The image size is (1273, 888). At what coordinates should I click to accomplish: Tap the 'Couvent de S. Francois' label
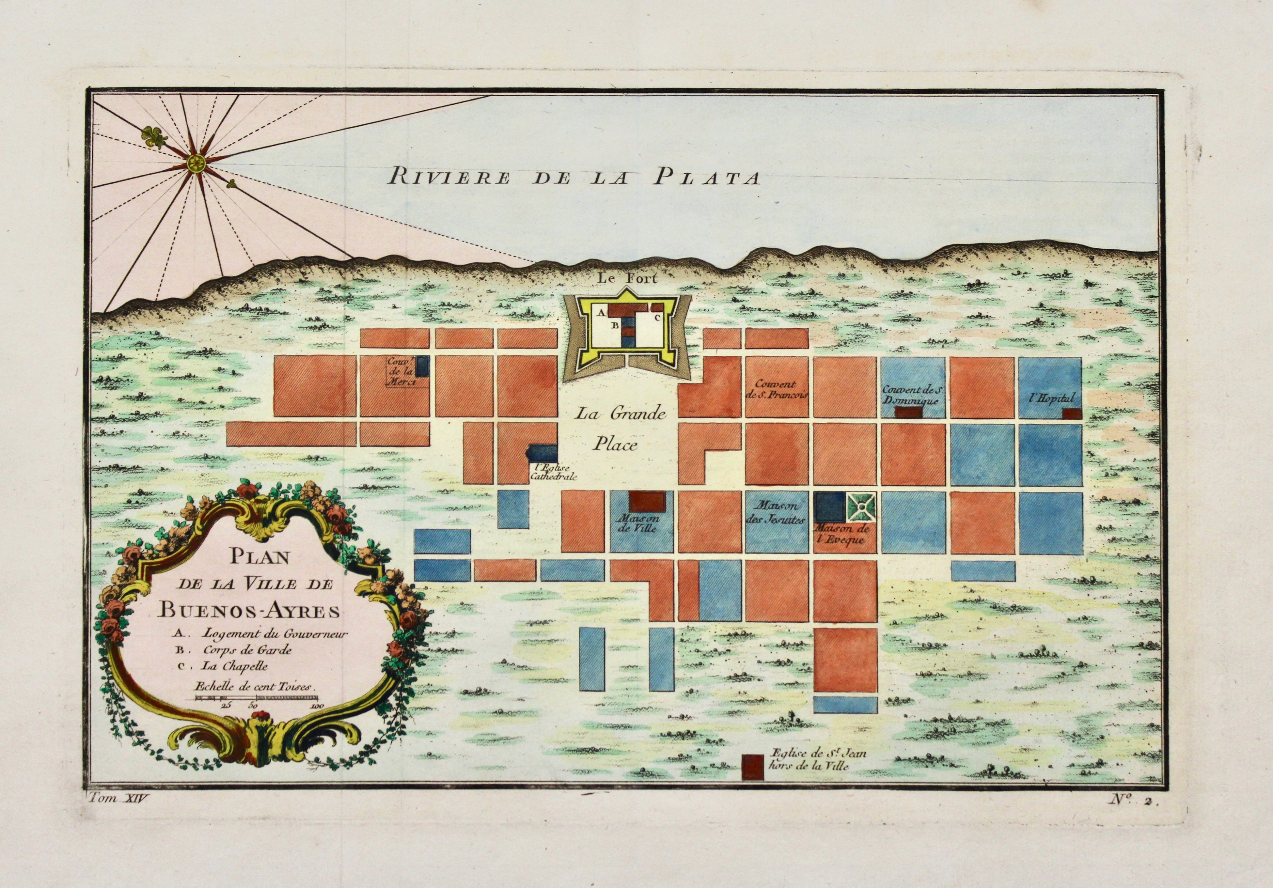pos(778,389)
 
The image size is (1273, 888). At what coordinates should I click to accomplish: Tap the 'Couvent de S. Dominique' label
pos(914,394)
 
